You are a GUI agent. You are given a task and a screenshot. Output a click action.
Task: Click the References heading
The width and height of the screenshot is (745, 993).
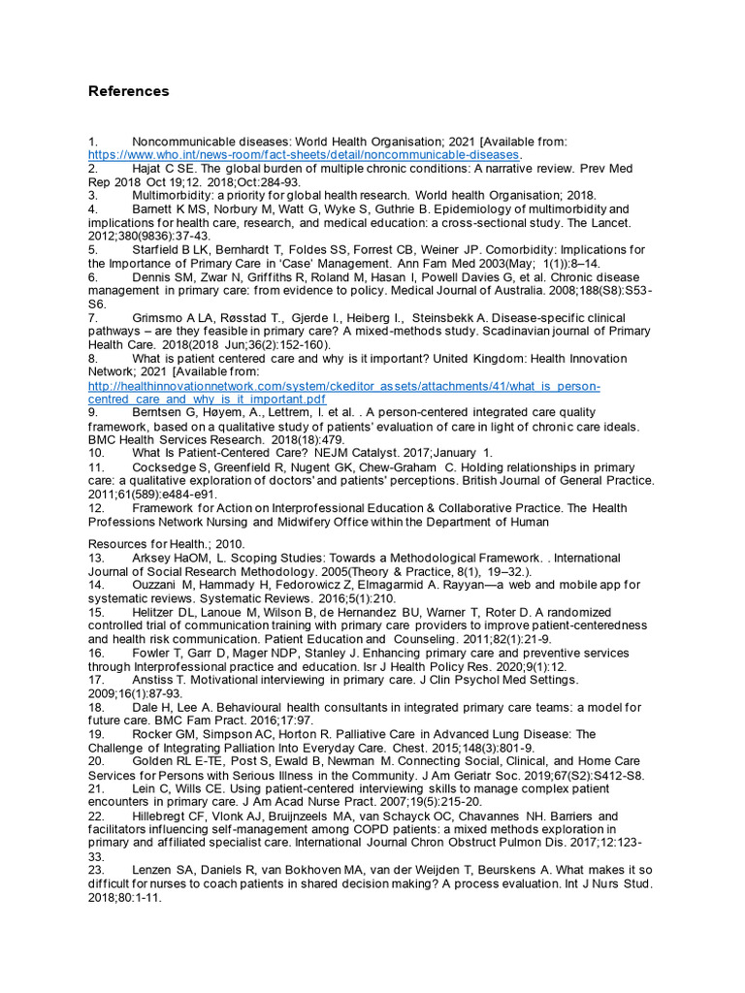(x=128, y=91)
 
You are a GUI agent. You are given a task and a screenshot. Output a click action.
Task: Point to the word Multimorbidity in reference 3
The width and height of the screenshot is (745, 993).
(x=170, y=196)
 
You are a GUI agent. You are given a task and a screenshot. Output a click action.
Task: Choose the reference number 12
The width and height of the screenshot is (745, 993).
(x=95, y=508)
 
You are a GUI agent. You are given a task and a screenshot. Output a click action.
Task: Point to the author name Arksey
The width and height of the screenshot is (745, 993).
(x=151, y=559)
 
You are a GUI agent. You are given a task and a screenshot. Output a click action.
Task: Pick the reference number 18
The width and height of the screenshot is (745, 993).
(x=95, y=708)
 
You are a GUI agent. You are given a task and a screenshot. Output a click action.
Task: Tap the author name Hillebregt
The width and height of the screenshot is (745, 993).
(x=161, y=817)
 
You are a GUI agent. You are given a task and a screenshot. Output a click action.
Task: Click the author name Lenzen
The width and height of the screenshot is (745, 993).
(x=153, y=872)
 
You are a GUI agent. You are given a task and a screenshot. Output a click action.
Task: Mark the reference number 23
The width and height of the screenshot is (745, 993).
(x=95, y=872)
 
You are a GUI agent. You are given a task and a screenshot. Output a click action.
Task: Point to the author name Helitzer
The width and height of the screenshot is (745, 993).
(x=155, y=612)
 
